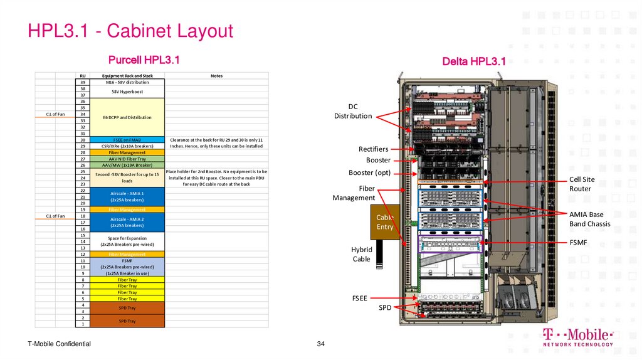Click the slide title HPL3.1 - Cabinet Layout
(x=130, y=31)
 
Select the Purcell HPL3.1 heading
(x=144, y=60)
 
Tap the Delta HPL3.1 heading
(x=473, y=61)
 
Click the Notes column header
(x=216, y=76)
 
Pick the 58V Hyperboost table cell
(x=127, y=92)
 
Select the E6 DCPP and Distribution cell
(x=127, y=117)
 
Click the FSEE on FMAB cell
(x=127, y=139)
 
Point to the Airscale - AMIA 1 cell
(x=127, y=196)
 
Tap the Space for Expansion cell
(x=127, y=241)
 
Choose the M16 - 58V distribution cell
(x=127, y=82)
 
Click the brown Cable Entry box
(x=385, y=222)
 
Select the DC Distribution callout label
(x=353, y=111)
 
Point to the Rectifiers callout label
(x=373, y=149)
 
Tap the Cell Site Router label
(x=582, y=184)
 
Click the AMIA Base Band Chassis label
(x=589, y=219)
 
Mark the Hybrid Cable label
(x=361, y=254)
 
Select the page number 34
(x=321, y=344)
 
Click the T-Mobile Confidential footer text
(x=59, y=344)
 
